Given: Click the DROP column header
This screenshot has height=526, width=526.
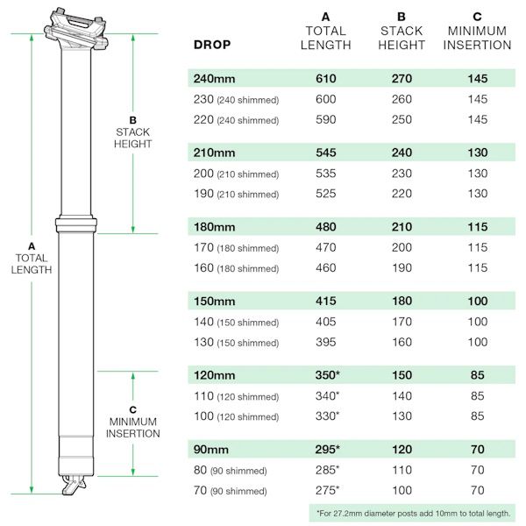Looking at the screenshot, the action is pyautogui.click(x=212, y=45).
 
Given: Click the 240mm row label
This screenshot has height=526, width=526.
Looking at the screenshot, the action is pyautogui.click(x=214, y=79).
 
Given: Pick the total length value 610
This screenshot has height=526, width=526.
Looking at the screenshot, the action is pyautogui.click(x=326, y=79).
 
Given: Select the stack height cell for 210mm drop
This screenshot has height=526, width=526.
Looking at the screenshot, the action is pyautogui.click(x=402, y=153).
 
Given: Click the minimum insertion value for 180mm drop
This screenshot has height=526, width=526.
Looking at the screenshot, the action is pyautogui.click(x=478, y=227).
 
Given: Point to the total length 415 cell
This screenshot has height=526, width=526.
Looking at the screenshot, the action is pyautogui.click(x=326, y=302).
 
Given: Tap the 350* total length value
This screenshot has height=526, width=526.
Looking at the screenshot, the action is pyautogui.click(x=327, y=375).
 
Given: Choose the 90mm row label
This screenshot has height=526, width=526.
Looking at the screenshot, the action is pyautogui.click(x=210, y=450).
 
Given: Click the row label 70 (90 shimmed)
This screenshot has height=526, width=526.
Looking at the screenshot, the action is pyautogui.click(x=230, y=491).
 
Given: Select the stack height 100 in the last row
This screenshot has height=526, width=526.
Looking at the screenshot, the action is pyautogui.click(x=402, y=490).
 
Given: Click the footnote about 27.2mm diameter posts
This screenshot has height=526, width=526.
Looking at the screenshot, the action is pyautogui.click(x=413, y=513).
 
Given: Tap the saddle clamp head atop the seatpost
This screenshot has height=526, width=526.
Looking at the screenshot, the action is pyautogui.click(x=76, y=29).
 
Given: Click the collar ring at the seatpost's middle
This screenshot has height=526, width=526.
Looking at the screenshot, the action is pyautogui.click(x=76, y=224).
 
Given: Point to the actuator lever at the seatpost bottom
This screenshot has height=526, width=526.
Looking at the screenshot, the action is pyautogui.click(x=74, y=485).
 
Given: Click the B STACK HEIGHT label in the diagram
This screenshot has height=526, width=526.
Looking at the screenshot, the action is pyautogui.click(x=133, y=132).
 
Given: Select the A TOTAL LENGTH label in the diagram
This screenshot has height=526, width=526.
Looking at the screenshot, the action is pyautogui.click(x=32, y=258).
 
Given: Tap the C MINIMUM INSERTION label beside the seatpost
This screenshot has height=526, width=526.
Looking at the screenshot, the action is pyautogui.click(x=133, y=422).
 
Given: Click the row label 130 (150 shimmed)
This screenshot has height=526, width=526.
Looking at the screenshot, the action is pyautogui.click(x=236, y=343).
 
